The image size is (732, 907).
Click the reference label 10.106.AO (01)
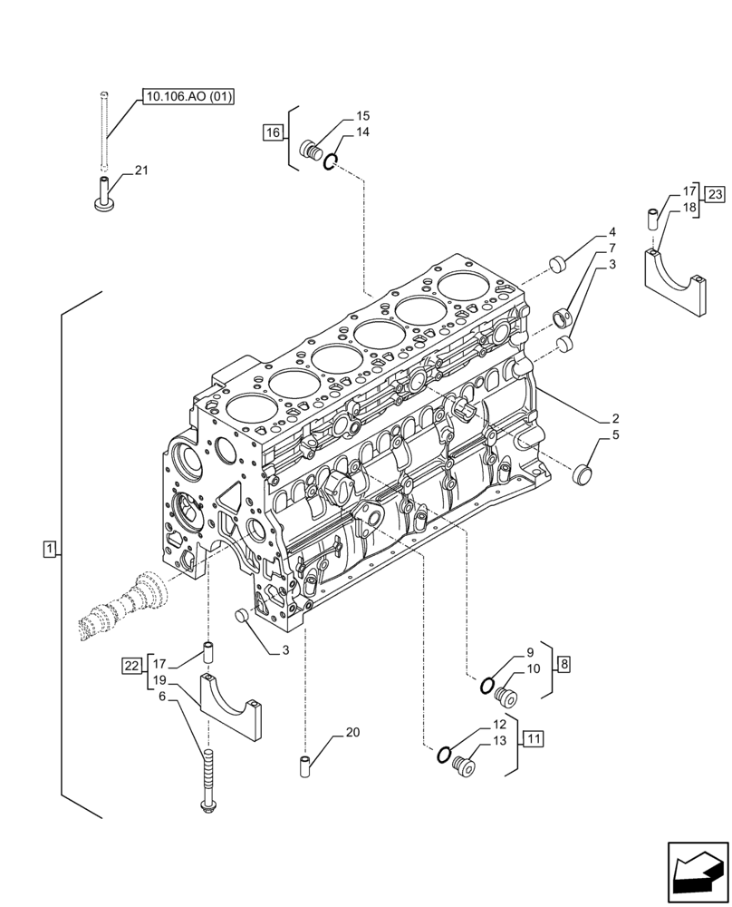(x=188, y=97)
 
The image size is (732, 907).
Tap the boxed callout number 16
(x=273, y=133)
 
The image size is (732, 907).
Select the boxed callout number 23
(x=715, y=195)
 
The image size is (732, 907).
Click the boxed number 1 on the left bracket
(x=50, y=548)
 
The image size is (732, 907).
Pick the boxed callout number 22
(x=131, y=666)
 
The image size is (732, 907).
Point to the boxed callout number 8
(x=563, y=665)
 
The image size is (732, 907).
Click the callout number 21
(x=141, y=171)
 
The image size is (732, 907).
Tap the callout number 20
(x=352, y=733)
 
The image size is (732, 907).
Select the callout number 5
(x=615, y=435)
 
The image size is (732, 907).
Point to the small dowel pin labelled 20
(x=305, y=766)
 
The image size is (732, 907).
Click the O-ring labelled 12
(x=443, y=754)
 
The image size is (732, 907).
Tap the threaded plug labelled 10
(x=507, y=697)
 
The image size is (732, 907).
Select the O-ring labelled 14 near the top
(x=332, y=162)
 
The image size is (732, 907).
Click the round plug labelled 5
(x=584, y=473)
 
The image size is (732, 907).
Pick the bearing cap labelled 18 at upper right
(x=675, y=281)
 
